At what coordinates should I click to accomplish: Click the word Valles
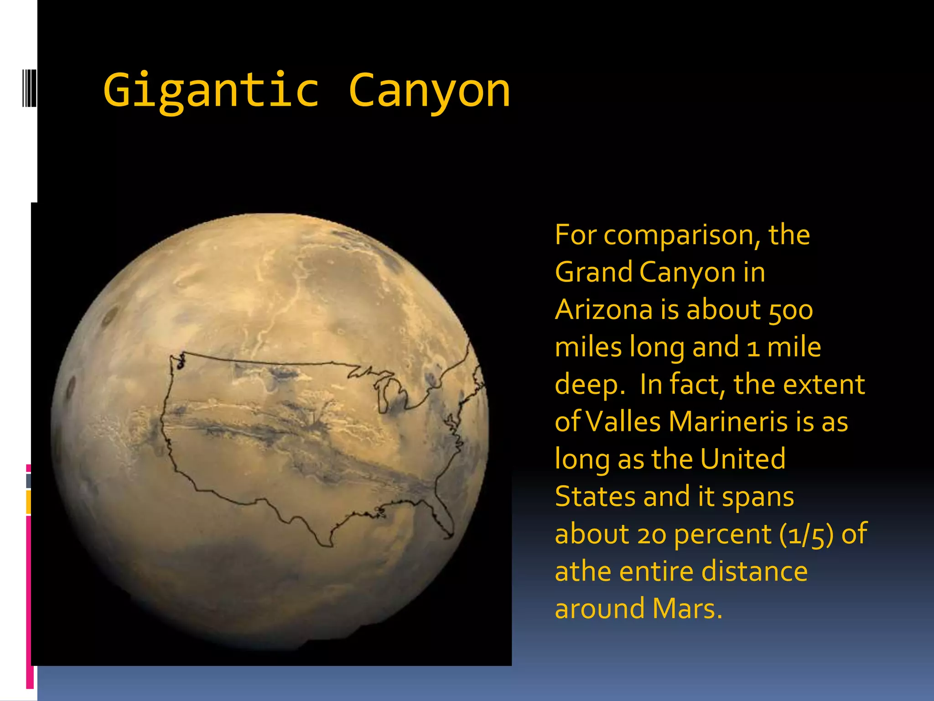(623, 422)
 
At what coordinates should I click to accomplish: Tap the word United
(743, 459)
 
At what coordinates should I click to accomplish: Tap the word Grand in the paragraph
(593, 272)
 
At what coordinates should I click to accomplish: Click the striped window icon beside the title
(29, 88)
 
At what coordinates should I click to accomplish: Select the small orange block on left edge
(28, 502)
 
